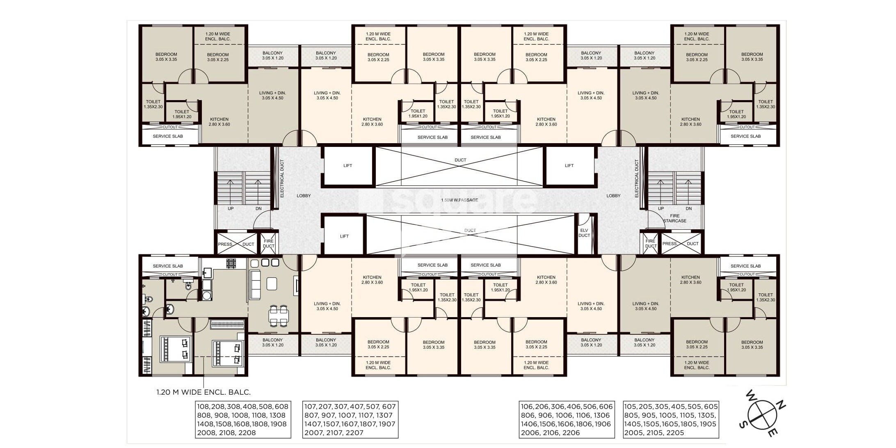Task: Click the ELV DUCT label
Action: point(584,233)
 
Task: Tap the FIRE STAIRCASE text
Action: point(674,218)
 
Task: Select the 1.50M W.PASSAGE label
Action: point(459,200)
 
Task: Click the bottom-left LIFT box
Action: point(344,236)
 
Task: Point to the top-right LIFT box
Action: point(569,166)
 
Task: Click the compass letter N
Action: point(782,407)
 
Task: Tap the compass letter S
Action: point(742,426)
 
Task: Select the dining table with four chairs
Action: point(279,315)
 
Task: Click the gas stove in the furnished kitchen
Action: point(231,263)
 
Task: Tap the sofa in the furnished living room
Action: point(255,285)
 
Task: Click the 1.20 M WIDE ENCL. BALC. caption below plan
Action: point(203,392)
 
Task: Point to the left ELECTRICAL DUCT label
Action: point(282,178)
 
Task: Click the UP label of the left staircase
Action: point(231,208)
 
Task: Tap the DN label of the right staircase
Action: point(688,208)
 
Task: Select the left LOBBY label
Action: point(304,196)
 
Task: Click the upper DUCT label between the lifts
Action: point(460,160)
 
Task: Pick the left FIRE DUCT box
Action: point(268,244)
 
